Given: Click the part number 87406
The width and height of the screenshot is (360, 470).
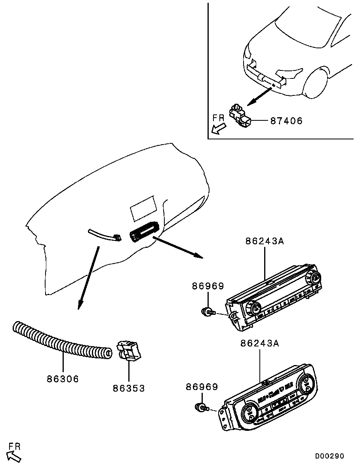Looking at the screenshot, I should click(286, 121).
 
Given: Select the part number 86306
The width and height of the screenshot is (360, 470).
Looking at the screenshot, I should click(63, 379).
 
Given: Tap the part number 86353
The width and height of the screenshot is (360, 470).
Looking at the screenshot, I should click(129, 388).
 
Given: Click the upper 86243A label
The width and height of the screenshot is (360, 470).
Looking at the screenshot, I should click(264, 241).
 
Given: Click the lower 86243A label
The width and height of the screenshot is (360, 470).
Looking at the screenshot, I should click(259, 343).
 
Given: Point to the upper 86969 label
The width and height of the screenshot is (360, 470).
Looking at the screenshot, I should click(208, 286).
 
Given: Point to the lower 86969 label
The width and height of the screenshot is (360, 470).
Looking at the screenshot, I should click(202, 386).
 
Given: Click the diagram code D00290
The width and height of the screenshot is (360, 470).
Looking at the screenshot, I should click(330, 456).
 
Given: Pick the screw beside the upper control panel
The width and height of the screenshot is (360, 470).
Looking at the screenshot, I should click(208, 312).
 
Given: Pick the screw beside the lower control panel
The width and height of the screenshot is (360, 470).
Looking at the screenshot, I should click(201, 407).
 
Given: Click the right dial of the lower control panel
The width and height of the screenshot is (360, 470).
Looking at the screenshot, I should click(306, 384).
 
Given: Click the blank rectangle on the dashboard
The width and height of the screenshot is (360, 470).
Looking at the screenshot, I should click(143, 208).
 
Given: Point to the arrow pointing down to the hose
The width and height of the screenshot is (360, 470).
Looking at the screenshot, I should click(88, 278).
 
